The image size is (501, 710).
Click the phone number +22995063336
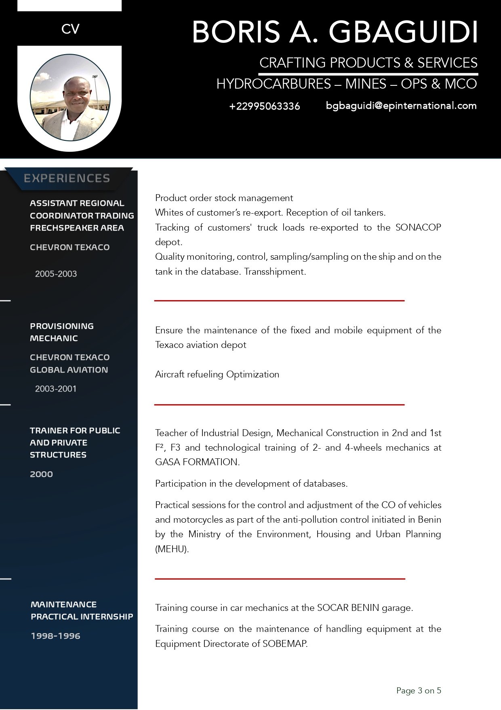tap(265, 106)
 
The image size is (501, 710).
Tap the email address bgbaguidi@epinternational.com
tap(401, 106)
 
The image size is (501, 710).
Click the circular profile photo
tap(70, 97)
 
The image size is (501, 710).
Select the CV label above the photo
tap(70, 29)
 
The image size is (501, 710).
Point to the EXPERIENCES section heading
tap(67, 178)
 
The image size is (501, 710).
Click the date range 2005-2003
tap(56, 274)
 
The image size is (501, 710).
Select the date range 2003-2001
tap(56, 389)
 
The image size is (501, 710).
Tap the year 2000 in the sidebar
tap(41, 474)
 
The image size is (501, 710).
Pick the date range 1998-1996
tap(55, 636)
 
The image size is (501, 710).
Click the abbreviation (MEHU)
tap(172, 549)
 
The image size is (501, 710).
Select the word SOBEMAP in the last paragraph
tap(284, 644)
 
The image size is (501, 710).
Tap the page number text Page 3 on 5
tap(419, 691)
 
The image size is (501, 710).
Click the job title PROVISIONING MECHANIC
tap(61, 332)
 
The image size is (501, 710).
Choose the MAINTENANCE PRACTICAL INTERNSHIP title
tap(82, 610)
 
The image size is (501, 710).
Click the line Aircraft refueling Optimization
tap(217, 374)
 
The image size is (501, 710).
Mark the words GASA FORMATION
tap(197, 462)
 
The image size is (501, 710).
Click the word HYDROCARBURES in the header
tap(274, 84)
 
